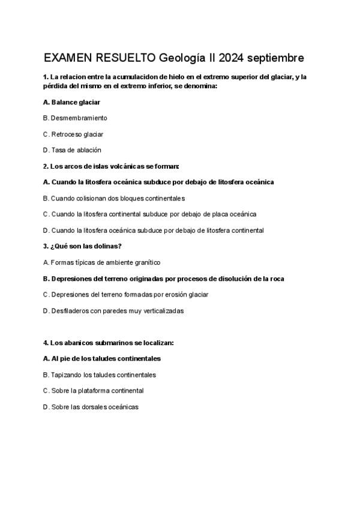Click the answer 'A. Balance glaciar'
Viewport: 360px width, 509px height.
coord(71,102)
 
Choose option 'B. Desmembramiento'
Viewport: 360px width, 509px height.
coord(75,118)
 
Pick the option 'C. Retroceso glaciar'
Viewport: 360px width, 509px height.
coord(73,134)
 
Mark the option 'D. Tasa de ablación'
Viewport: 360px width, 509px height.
coord(72,150)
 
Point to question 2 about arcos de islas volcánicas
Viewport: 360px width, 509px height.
coord(111,166)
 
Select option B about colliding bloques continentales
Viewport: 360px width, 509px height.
coord(114,198)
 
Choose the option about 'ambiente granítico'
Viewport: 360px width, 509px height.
coord(102,262)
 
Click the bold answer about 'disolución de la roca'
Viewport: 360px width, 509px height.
coord(164,279)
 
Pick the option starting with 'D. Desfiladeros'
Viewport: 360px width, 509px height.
coord(113,311)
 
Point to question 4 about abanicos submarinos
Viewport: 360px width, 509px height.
coord(109,343)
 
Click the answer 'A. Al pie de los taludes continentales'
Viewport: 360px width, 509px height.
coord(102,358)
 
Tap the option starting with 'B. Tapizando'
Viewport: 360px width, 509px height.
coord(100,375)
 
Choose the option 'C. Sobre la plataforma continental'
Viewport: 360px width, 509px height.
coord(93,391)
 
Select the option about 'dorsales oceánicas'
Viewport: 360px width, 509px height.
coord(91,407)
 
